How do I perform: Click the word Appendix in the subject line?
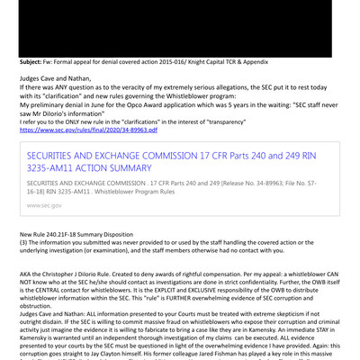point(270,61)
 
